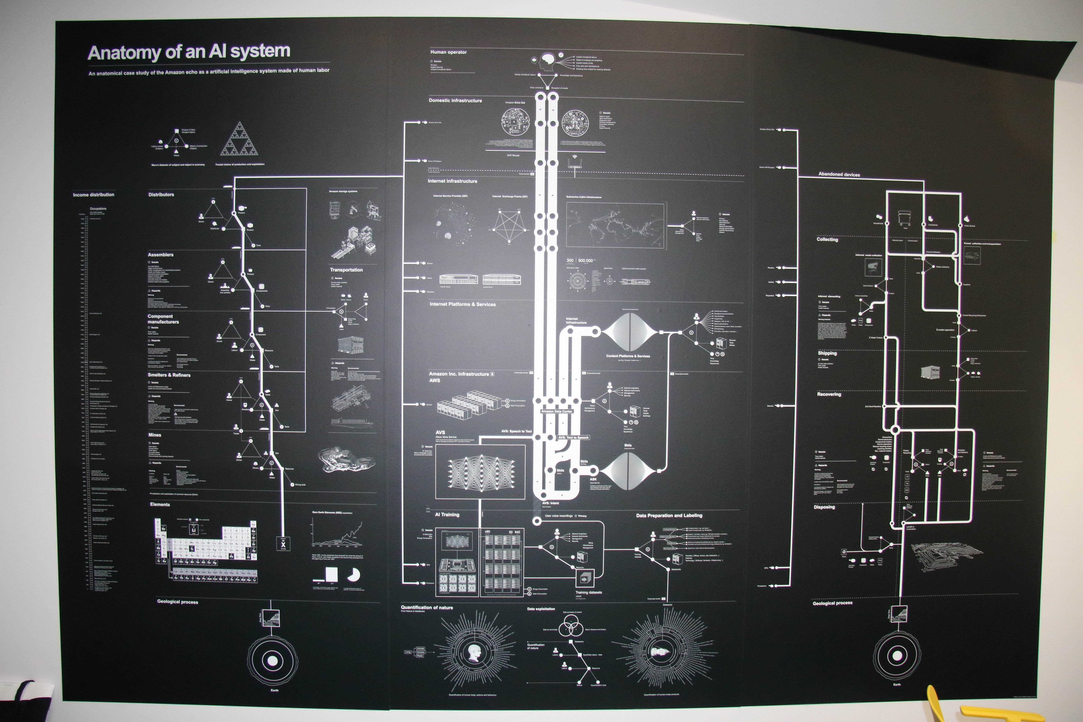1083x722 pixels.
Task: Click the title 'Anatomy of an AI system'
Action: coord(189,52)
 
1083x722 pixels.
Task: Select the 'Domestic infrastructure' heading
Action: coord(455,100)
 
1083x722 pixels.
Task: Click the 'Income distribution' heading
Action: coord(93,195)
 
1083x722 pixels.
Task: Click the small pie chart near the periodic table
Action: coord(354,575)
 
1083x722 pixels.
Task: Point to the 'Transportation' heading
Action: coord(346,270)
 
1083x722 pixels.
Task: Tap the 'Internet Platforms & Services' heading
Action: coord(462,304)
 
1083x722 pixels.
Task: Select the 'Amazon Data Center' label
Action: coord(557,411)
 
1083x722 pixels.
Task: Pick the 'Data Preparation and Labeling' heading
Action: coord(669,516)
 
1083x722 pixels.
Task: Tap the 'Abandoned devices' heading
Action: coord(839,174)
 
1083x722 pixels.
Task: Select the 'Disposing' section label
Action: coord(824,507)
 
